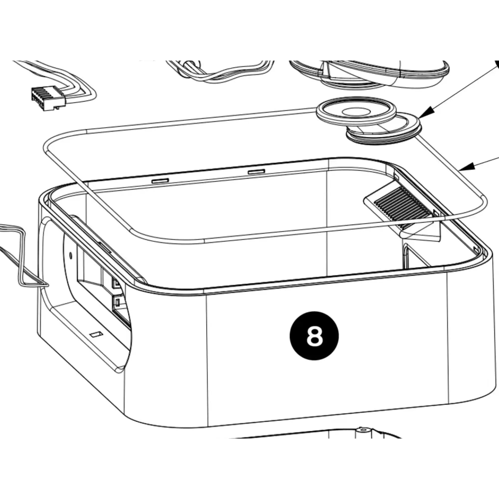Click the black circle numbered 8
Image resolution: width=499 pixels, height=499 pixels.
[314, 336]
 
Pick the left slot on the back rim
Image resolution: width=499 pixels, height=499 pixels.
[160, 181]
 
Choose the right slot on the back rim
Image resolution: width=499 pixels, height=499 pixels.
[256, 171]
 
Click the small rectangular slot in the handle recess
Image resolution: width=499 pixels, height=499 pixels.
[96, 335]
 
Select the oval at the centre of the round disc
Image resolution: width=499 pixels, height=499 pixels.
[357, 112]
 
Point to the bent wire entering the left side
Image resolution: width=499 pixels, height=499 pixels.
[21, 258]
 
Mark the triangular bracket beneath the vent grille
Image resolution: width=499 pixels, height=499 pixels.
[424, 233]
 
